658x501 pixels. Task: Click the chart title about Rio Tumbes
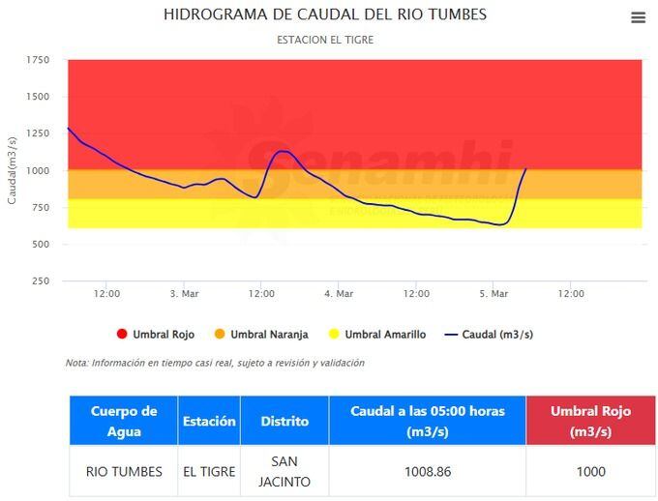(325, 15)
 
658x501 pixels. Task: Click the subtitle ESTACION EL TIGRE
(325, 40)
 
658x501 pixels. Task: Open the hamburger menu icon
(638, 17)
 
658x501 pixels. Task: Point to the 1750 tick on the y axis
(38, 60)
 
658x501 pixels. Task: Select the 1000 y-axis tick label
(38, 171)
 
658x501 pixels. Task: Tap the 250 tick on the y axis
(40, 281)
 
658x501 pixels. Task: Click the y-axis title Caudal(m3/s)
(12, 170)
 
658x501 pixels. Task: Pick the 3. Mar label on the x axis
(184, 293)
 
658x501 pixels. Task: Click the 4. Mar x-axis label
(339, 293)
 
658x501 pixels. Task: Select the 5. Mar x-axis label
(493, 293)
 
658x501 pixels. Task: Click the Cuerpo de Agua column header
(124, 421)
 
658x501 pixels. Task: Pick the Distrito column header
(284, 421)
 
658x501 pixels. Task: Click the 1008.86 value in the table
(428, 472)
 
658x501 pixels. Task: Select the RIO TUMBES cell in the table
(124, 472)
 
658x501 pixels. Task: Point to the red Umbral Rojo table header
(590, 421)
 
